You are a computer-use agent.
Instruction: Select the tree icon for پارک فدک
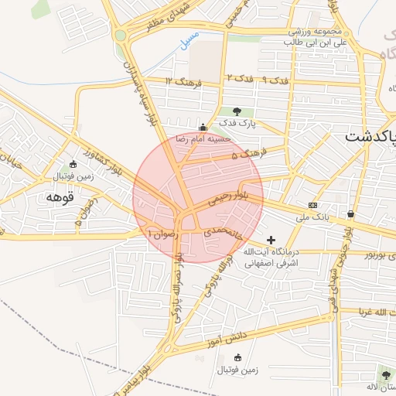coord(237,111)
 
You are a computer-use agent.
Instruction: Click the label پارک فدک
coord(237,123)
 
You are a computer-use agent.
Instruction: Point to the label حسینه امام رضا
coord(203,138)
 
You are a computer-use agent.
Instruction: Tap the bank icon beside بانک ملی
coord(312,205)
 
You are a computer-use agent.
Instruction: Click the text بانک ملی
coord(312,217)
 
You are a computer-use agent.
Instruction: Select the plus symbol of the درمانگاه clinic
coord(271,240)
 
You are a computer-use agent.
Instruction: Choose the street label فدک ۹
coord(275,80)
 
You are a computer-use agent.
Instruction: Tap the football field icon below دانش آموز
coord(237,357)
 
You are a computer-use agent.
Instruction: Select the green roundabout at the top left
coord(120,35)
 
